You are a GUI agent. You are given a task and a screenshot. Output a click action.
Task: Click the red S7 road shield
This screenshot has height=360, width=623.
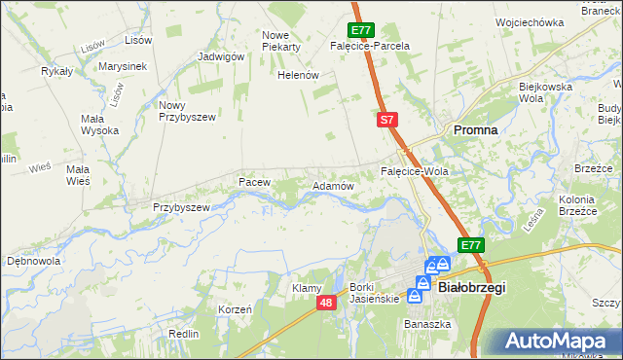point(386,120)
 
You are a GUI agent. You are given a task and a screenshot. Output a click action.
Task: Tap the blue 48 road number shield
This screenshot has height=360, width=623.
point(327,305)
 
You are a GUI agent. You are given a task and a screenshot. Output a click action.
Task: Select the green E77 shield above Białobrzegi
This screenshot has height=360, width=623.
point(471,245)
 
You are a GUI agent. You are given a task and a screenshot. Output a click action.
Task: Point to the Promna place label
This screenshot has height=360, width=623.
point(476,129)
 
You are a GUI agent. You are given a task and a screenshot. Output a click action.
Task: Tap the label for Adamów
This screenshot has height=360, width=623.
point(331,186)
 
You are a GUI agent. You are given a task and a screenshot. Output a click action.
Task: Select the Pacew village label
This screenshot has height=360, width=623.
point(253,182)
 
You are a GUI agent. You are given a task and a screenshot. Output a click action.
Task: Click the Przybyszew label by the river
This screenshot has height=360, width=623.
point(182,207)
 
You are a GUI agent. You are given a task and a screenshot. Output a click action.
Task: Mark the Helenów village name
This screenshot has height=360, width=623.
point(299,75)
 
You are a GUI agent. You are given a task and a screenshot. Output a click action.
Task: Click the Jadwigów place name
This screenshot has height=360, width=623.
point(220,56)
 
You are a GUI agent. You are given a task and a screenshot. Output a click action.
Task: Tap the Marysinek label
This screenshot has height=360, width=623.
point(122,66)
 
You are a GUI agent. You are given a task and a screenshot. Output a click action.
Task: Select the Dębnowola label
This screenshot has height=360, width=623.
point(34,261)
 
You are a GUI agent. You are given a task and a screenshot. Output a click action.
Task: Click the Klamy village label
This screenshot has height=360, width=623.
point(307,288)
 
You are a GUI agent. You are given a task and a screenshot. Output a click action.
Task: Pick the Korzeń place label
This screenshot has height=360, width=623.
point(236,308)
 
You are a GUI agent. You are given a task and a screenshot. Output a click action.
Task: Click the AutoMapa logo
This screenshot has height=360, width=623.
point(558,342)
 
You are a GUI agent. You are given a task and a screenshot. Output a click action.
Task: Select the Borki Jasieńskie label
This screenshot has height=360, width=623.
point(375,293)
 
